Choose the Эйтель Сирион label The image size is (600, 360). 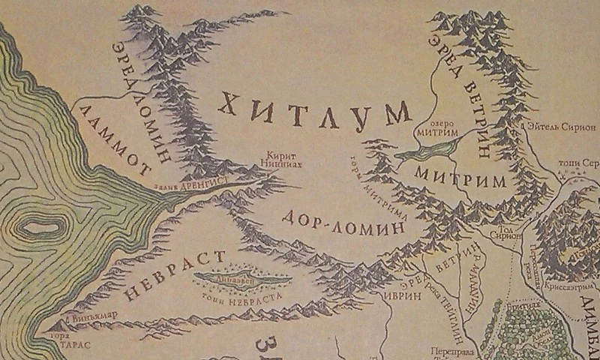(x=561, y=128)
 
